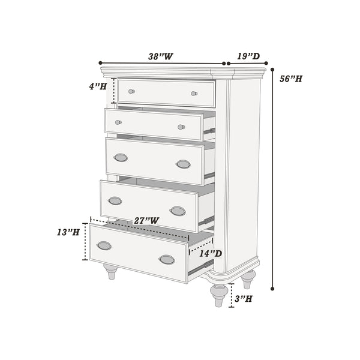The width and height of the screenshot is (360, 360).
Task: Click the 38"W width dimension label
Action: pos(161,56)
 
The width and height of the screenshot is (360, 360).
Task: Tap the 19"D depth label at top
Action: pos(248,56)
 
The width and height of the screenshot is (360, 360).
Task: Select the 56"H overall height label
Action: pos(290,79)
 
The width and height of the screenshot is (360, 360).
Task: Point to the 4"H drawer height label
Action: pos(98,86)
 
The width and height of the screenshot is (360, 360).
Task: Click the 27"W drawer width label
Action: pos(146,220)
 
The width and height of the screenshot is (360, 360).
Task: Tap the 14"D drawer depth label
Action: pos(210,253)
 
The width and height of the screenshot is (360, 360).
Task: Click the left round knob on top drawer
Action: pos(131,92)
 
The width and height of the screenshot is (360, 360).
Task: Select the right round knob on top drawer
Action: pos(194,94)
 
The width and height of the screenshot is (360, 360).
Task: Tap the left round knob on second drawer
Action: pos(118,122)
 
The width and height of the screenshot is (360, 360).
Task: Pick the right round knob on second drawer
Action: pos(181,127)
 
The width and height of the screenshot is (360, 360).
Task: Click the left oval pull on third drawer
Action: pos(121,157)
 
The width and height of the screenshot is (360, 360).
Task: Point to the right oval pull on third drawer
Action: pos(183,164)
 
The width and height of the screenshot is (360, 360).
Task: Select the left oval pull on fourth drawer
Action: pos(115,200)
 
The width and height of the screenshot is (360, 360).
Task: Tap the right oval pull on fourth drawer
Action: pos(178,211)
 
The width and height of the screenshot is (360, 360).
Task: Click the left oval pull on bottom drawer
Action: pos(104,245)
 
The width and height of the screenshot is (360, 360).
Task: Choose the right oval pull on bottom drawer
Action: pos(167,259)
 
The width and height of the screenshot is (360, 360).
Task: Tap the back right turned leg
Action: pos(248,279)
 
